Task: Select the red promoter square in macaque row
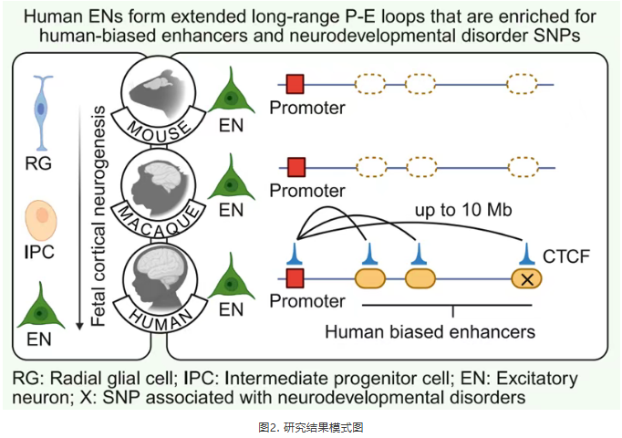pos(295,167)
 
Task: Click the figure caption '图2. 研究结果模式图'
pos(311,425)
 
